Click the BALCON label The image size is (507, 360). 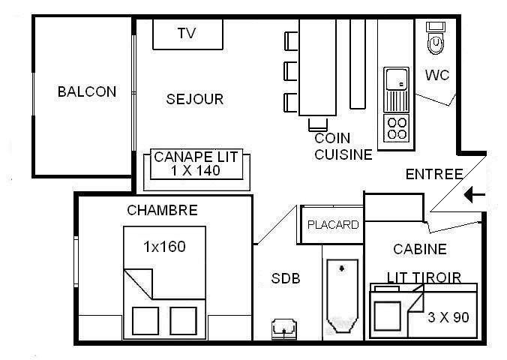[x=87, y=91]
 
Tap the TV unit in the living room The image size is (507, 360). [x=187, y=34]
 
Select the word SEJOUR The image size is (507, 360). [x=195, y=99]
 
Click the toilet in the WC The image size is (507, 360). [x=436, y=37]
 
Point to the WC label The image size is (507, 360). [x=437, y=75]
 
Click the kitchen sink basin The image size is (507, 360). [x=396, y=79]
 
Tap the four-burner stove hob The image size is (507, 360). [x=397, y=128]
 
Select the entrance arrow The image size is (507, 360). [x=475, y=195]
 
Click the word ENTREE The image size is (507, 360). [x=434, y=174]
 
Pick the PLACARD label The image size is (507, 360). [x=333, y=224]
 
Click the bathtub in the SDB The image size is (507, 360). [x=343, y=295]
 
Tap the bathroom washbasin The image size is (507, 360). [x=283, y=329]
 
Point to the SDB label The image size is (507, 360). [x=286, y=278]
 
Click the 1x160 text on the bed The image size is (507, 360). [x=164, y=247]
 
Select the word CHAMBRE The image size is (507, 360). [x=162, y=210]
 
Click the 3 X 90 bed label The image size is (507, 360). [x=448, y=317]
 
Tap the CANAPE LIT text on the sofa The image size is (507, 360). [x=196, y=157]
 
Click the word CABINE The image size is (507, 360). [x=420, y=249]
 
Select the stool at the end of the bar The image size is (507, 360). [x=318, y=124]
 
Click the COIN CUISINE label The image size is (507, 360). [x=343, y=146]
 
